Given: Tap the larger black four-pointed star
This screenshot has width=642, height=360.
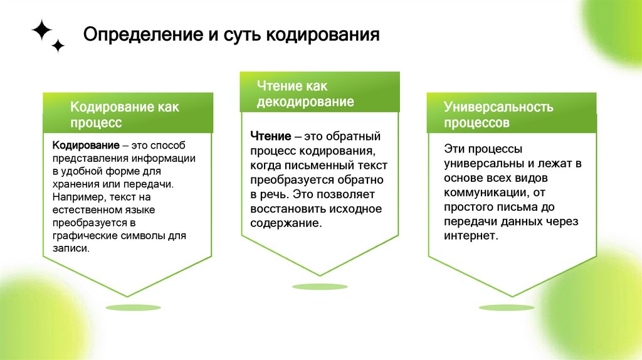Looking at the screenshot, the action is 41,29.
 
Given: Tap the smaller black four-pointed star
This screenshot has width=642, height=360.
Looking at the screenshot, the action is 58,45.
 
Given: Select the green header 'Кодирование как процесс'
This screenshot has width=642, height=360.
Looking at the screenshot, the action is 127,114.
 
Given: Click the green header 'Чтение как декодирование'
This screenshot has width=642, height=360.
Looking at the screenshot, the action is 319,93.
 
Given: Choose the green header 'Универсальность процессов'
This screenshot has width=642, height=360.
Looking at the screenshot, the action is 511,114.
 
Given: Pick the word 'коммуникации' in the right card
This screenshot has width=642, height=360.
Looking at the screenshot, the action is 483,193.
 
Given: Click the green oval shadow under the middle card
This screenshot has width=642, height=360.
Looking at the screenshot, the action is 320,287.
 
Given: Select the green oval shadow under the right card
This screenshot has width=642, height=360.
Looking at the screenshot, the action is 507,307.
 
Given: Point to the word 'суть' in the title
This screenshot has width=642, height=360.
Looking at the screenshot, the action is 239,34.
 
